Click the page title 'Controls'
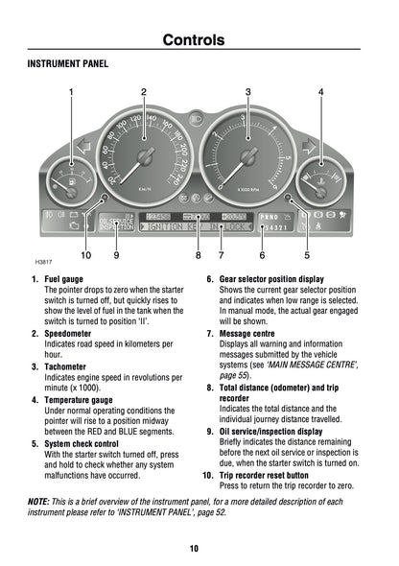click(x=194, y=40)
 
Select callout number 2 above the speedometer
click(x=144, y=92)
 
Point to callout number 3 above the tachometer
click(x=248, y=92)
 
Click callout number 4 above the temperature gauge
click(x=320, y=92)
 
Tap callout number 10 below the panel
click(x=85, y=256)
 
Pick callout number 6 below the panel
click(x=262, y=256)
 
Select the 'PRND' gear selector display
click(x=270, y=217)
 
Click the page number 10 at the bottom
click(x=194, y=548)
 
